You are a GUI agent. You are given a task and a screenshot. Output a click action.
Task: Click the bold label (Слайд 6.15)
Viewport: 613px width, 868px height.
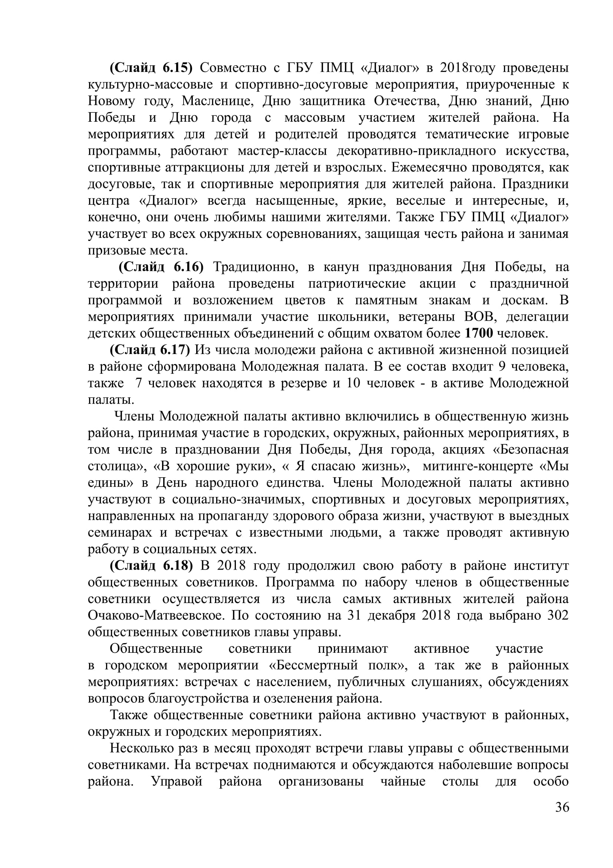tap(151, 68)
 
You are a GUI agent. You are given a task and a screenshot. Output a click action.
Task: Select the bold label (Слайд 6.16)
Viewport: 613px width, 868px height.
tap(161, 267)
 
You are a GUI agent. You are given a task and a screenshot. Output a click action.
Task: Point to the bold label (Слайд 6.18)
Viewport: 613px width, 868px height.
tap(151, 566)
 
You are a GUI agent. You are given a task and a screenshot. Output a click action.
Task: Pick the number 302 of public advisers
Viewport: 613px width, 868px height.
tap(557, 616)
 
